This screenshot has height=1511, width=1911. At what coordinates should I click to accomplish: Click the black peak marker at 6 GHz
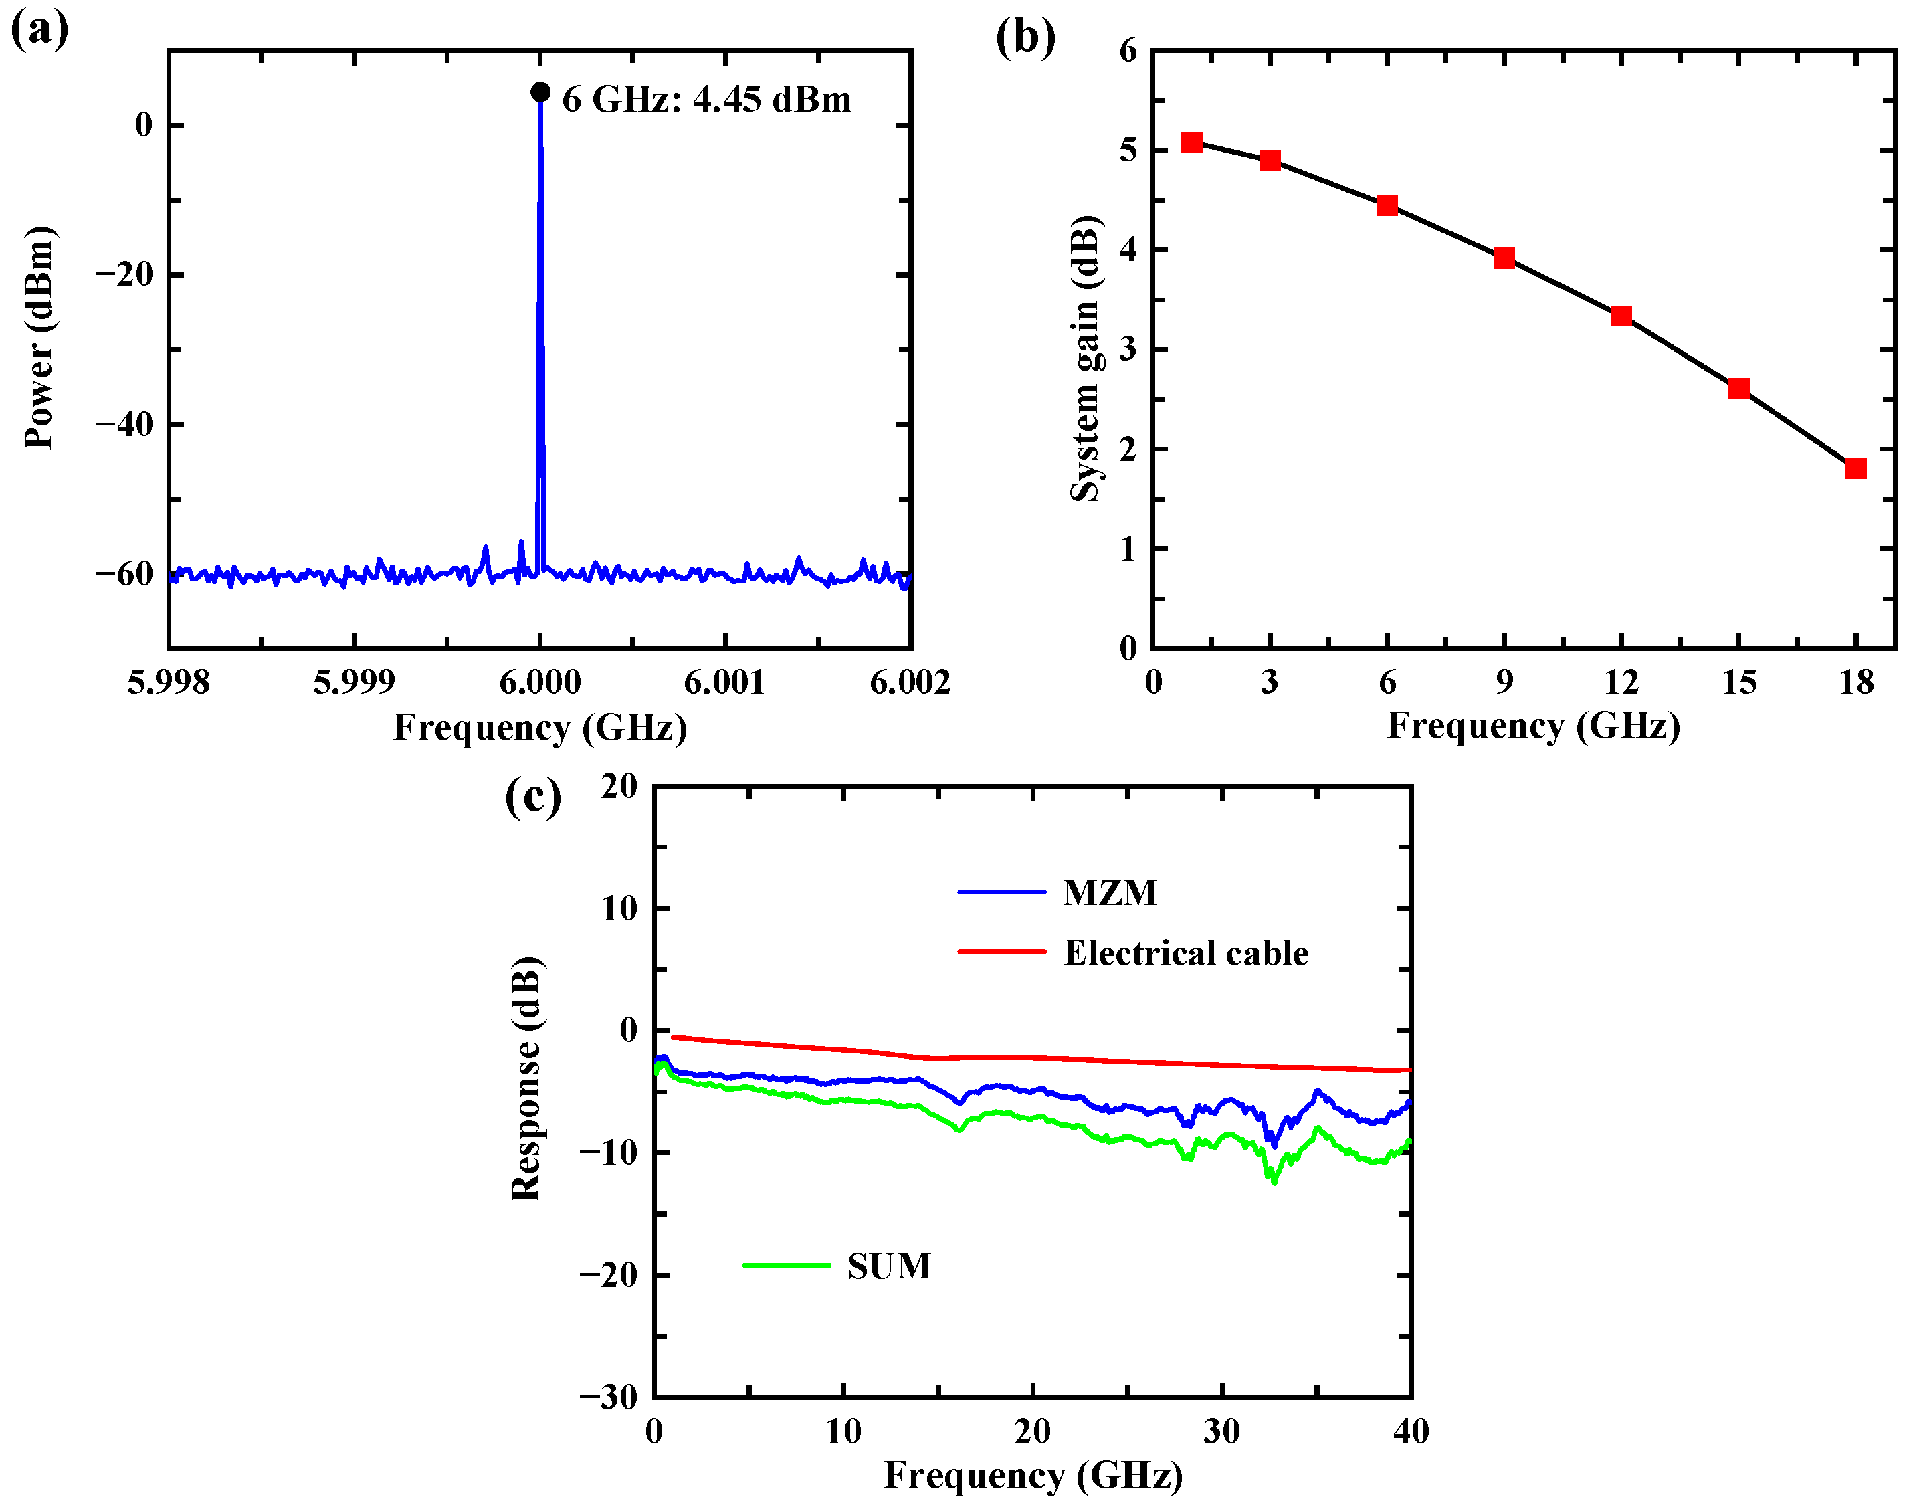pyautogui.click(x=540, y=92)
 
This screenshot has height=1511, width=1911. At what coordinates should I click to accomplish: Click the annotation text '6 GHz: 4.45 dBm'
pyautogui.click(x=706, y=99)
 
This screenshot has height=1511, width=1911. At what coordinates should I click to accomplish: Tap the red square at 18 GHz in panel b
pyautogui.click(x=1855, y=468)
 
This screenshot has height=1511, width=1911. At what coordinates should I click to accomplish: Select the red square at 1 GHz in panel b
pyautogui.click(x=1192, y=142)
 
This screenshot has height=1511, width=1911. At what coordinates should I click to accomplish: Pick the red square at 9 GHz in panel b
pyautogui.click(x=1504, y=258)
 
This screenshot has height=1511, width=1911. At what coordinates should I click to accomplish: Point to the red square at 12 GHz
pyautogui.click(x=1621, y=316)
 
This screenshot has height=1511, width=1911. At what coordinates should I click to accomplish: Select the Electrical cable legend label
pyautogui.click(x=1185, y=952)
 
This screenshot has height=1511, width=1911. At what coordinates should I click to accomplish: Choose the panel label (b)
pyautogui.click(x=1025, y=37)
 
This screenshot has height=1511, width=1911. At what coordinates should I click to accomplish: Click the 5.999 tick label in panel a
pyautogui.click(x=354, y=682)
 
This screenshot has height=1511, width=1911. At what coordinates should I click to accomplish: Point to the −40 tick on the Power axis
pyautogui.click(x=124, y=425)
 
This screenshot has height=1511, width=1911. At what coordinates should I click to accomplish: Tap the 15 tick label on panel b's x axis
pyautogui.click(x=1738, y=682)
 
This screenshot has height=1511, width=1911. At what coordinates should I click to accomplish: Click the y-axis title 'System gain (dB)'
pyautogui.click(x=1086, y=359)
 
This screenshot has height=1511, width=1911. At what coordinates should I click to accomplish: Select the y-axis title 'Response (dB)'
pyautogui.click(x=526, y=1080)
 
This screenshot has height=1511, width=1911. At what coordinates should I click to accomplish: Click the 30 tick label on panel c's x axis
pyautogui.click(x=1221, y=1431)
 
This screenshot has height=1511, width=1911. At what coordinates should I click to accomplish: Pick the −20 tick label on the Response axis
pyautogui.click(x=609, y=1275)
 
